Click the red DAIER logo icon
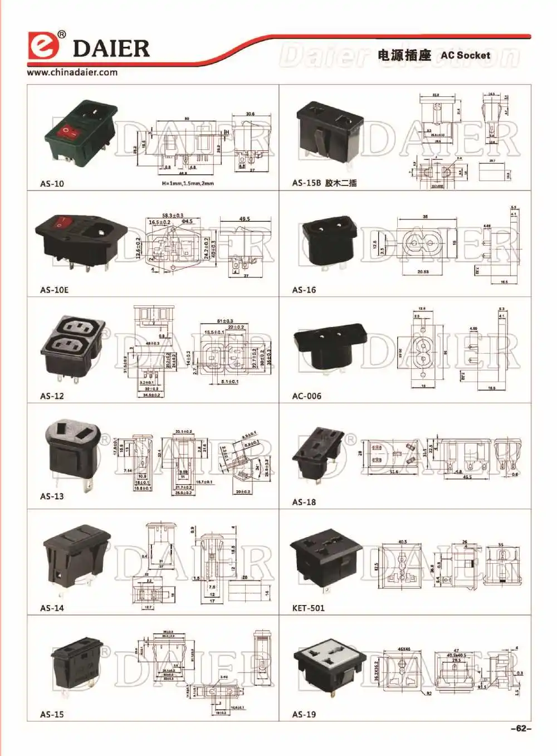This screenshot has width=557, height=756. coord(43,46)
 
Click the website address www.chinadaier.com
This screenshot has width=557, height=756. coord(72,72)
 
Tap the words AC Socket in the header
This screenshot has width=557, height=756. coord(465,55)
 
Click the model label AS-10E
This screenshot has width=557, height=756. coord(54,290)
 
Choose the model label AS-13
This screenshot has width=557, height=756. coord(52,496)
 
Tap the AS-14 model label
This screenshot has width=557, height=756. coord(52,608)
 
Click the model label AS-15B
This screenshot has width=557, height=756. coord(306,183)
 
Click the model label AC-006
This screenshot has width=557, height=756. coord(306,396)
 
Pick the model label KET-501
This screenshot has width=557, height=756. coord(308,608)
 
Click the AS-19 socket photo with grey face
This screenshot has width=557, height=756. coord(329,669)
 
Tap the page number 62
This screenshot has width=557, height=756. coord(521,728)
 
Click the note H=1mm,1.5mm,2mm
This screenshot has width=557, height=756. coord(188,183)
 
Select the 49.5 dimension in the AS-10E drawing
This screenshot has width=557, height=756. coord(245,219)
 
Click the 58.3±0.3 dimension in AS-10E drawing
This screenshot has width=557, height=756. coord(173,215)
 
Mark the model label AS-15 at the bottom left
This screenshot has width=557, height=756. coord(52,714)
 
